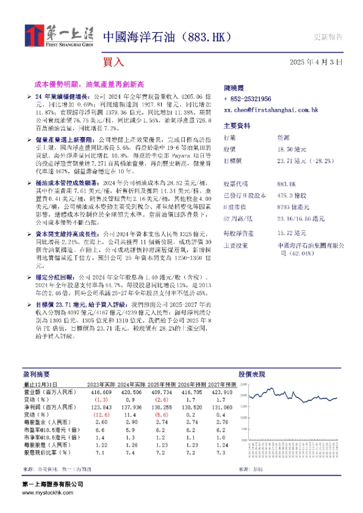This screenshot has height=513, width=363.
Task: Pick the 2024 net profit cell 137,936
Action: (x=128, y=406)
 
